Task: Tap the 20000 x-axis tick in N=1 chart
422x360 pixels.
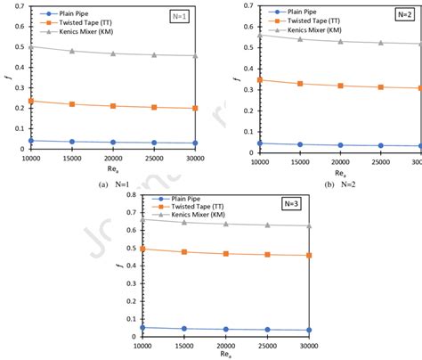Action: point(113,157)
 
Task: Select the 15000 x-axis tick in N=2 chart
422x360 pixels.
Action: point(300,157)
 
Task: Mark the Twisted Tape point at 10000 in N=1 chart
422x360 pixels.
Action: point(32,101)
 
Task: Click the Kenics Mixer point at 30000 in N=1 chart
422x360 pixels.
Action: point(195,56)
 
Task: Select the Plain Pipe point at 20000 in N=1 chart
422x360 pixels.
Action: point(113,142)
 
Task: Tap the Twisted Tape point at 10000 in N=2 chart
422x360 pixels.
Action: point(260,80)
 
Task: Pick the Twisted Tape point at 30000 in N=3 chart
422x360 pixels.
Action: point(309,256)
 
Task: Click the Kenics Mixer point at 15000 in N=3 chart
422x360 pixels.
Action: point(183,222)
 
